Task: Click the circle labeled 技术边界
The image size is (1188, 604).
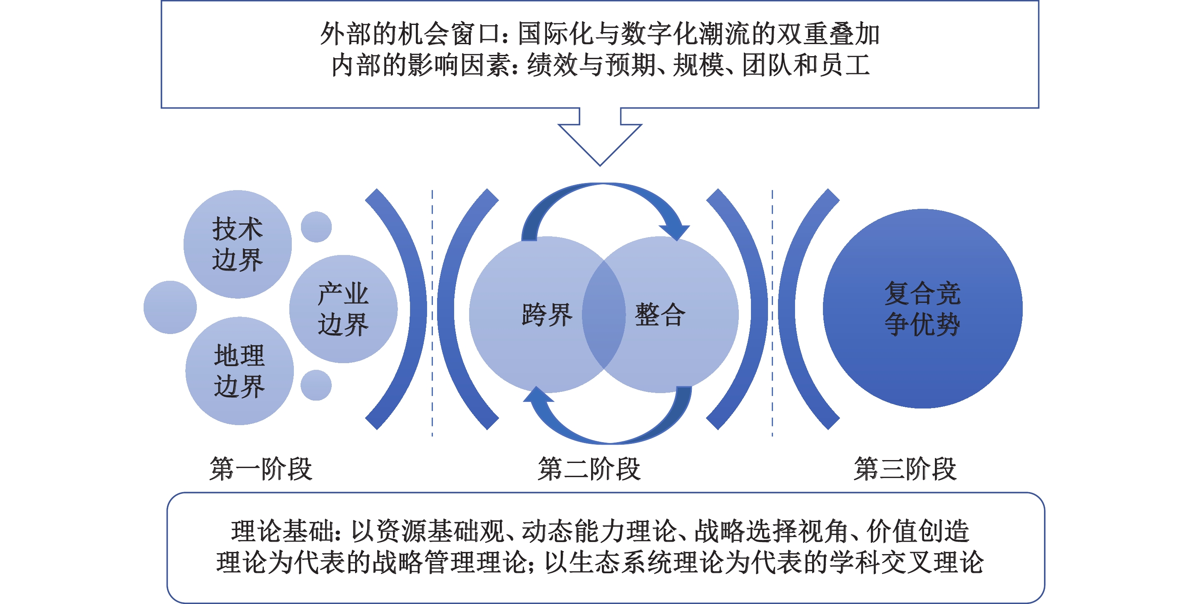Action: pos(238,244)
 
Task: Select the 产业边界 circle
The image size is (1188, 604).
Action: pos(343,309)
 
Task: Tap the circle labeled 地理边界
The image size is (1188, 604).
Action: pos(239,371)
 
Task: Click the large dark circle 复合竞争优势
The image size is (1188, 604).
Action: pos(922,309)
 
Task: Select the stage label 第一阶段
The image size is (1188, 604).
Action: pos(261,469)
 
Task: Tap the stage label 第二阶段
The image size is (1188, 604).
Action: pos(589,469)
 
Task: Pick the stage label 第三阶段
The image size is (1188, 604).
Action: pos(905,469)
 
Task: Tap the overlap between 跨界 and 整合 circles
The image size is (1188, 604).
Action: pos(604,314)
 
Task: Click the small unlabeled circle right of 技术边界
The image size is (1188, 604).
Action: pos(316,227)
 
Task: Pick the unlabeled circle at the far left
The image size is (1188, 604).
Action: pos(170,307)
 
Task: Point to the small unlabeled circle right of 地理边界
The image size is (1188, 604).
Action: pos(316,385)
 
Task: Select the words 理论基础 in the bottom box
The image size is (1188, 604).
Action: pos(282,531)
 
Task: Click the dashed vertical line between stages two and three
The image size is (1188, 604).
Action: pos(772,313)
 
